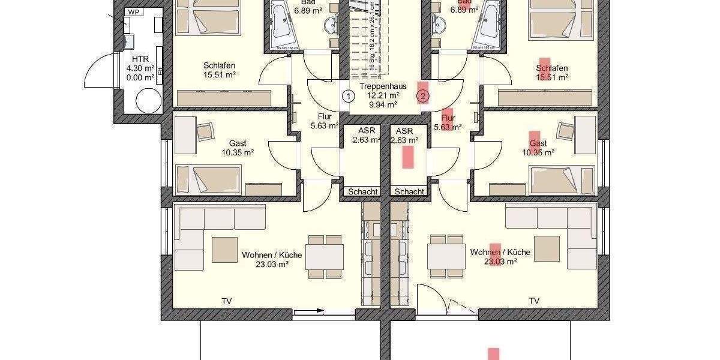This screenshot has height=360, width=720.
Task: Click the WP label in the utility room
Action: (x=133, y=12)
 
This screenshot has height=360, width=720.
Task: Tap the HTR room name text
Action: (x=140, y=58)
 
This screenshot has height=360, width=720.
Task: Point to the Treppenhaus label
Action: (x=383, y=86)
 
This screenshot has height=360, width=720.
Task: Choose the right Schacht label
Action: (x=410, y=191)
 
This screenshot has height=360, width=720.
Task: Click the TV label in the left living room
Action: (x=227, y=301)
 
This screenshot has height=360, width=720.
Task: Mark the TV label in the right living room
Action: (x=534, y=301)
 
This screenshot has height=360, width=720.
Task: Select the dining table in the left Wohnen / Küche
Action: (x=325, y=256)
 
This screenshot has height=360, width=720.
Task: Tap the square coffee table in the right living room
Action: (x=547, y=248)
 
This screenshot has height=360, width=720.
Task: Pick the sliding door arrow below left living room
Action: (x=313, y=311)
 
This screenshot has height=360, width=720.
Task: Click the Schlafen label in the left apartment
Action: (x=219, y=65)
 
